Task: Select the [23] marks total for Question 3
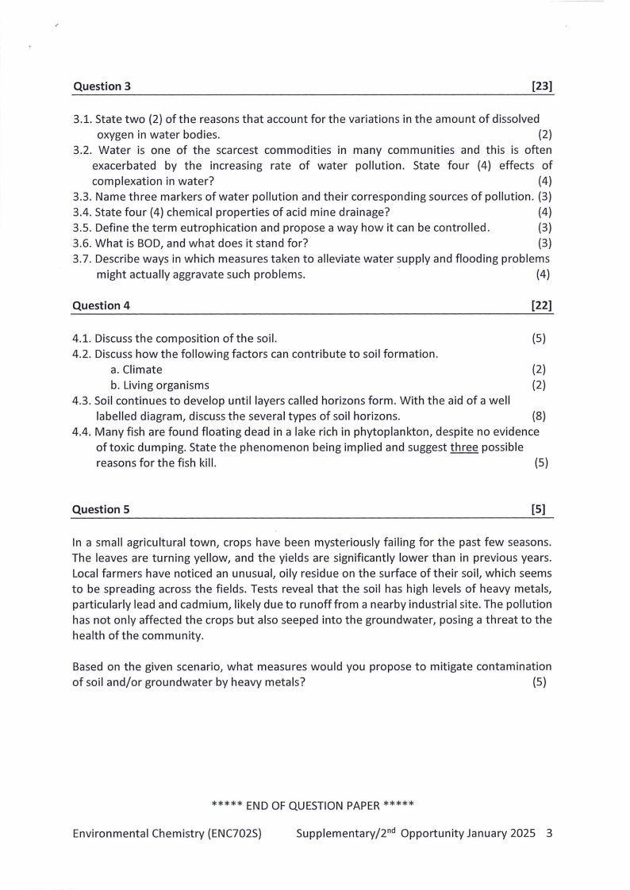tap(542, 86)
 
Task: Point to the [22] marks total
tap(542, 305)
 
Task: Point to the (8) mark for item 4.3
tap(539, 416)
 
